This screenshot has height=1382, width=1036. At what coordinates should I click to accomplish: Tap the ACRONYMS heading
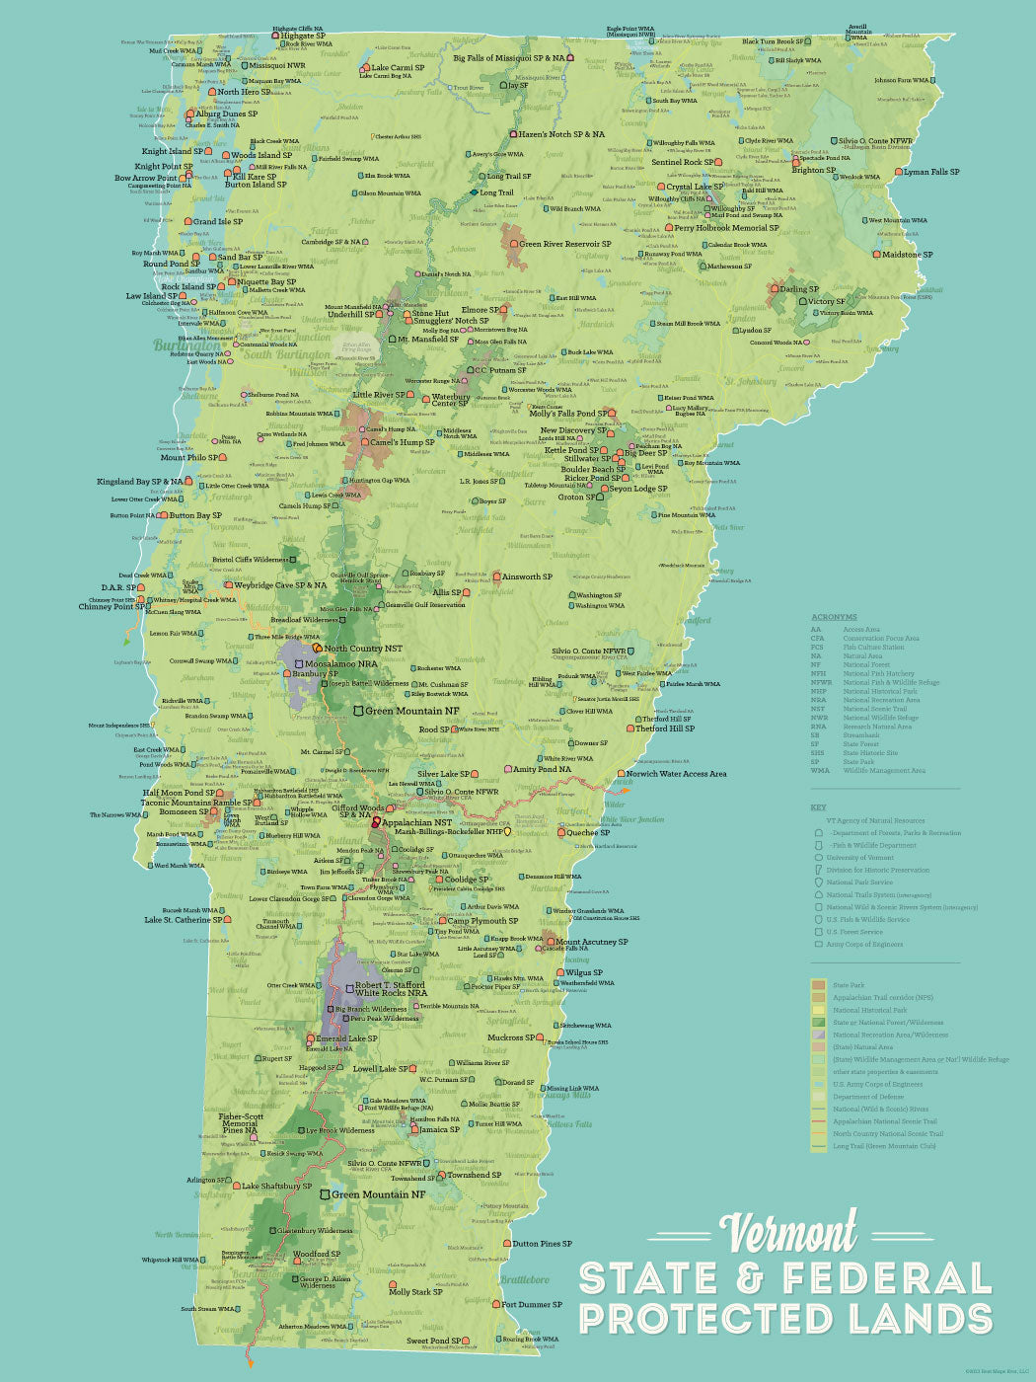click(834, 617)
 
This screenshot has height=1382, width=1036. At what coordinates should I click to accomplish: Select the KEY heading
click(818, 807)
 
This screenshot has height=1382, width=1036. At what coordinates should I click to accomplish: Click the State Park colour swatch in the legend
click(818, 985)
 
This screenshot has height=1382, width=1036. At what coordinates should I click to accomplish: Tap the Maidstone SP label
click(907, 255)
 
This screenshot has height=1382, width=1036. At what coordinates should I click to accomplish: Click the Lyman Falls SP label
click(931, 172)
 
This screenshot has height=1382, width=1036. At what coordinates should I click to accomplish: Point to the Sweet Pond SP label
click(433, 1341)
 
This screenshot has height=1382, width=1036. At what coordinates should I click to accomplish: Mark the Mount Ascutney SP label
click(591, 942)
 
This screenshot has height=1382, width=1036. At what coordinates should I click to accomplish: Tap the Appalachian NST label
click(416, 822)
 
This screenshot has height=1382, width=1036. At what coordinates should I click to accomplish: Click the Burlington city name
click(187, 346)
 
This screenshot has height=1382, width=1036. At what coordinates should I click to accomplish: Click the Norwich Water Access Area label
click(677, 774)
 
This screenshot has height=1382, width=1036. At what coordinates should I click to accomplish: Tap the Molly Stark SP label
click(415, 1291)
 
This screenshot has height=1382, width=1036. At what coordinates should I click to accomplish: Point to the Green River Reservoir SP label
click(564, 244)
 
